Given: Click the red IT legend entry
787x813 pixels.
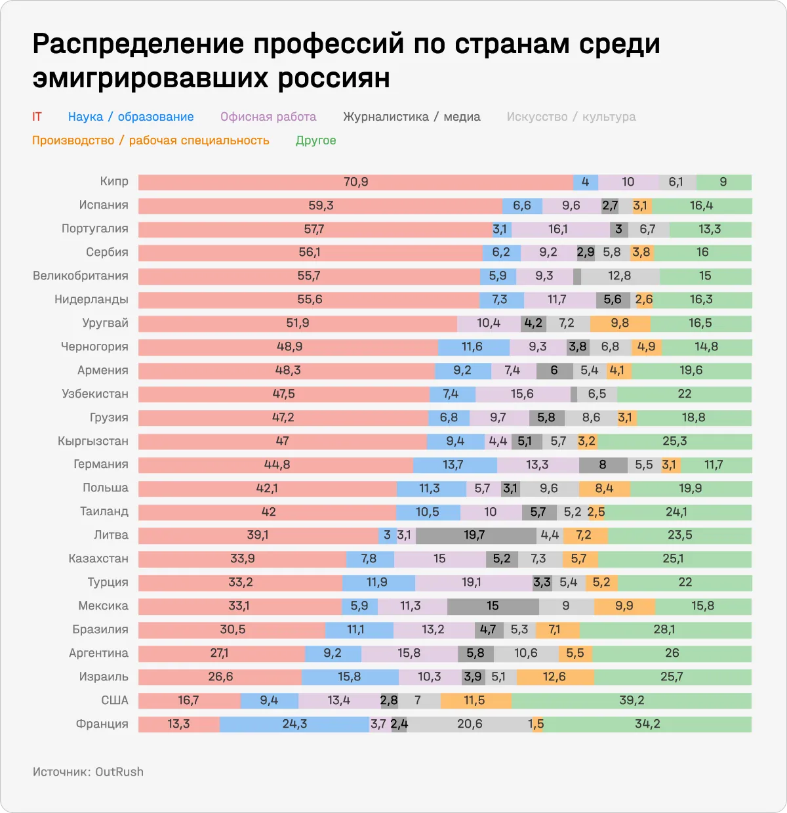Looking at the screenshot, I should [37, 117].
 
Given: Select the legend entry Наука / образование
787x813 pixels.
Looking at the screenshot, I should [131, 117].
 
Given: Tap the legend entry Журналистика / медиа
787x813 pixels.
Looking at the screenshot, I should [411, 117].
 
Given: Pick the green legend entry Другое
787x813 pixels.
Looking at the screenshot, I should [315, 140].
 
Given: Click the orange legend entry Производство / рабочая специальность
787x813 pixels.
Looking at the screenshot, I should [150, 140].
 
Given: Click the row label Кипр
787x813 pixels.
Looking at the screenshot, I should [114, 182].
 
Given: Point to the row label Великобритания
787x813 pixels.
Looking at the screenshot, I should [81, 276].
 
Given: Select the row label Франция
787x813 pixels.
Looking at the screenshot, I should [102, 724].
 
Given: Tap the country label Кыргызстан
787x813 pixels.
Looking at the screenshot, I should [92, 441].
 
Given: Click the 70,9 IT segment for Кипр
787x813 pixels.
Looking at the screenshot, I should [355, 182].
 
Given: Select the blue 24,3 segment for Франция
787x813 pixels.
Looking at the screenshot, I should [294, 724].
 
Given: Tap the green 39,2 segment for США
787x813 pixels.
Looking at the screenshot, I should [631, 701].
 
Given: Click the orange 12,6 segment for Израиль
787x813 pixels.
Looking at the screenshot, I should [555, 677].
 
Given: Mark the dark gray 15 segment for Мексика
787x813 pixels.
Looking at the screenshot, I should [493, 606].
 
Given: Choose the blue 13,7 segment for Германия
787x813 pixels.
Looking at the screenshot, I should [454, 465].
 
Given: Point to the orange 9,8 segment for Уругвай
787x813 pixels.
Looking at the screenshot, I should [620, 323].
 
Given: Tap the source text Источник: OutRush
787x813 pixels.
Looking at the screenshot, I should [88, 772].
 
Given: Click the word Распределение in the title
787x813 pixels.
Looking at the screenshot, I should [138, 45].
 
